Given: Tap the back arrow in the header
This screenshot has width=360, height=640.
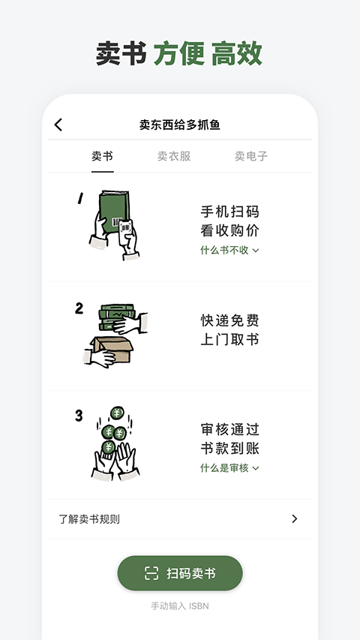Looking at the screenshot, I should point(58,125).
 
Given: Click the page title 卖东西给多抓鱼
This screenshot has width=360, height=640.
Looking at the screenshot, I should point(180,125).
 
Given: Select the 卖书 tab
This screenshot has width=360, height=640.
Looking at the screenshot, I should point(103,156).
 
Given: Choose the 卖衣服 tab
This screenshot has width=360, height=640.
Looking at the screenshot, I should point(174,156).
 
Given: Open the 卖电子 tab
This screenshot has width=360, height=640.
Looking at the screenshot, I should point(251,156).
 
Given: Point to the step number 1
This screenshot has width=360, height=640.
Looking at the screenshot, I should point(79,199).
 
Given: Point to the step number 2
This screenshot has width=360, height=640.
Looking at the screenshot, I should point(79,308).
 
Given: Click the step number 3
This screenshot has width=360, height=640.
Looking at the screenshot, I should point(79,416).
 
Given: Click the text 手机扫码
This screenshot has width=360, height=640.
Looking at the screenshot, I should point(229,212).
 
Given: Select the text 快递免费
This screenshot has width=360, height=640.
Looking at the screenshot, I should point(229,320).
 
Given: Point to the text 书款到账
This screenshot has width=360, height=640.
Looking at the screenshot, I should point(229,449).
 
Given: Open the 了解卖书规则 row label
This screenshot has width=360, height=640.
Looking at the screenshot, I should point(89,519).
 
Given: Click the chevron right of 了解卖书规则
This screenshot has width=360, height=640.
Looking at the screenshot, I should point(295,519).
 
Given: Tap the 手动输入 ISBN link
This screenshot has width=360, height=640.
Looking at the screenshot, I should point(180,606).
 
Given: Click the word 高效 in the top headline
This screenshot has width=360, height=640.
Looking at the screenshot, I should point(236,54).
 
